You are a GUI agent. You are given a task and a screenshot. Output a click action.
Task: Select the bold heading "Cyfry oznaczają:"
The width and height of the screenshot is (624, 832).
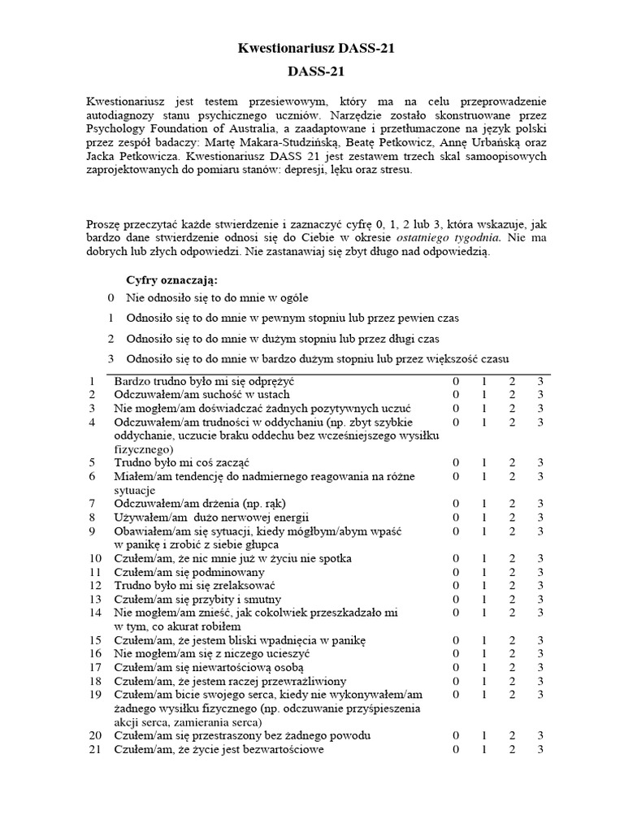pyautogui.click(x=173, y=280)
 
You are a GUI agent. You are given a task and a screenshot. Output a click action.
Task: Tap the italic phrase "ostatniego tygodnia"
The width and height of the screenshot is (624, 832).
pyautogui.click(x=448, y=237)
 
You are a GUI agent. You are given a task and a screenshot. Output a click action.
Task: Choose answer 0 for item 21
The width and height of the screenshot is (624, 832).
pyautogui.click(x=457, y=749)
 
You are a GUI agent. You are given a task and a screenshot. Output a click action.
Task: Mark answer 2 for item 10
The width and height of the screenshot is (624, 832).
pyautogui.click(x=512, y=558)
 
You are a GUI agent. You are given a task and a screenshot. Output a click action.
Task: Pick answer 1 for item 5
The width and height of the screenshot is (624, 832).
pyautogui.click(x=484, y=462)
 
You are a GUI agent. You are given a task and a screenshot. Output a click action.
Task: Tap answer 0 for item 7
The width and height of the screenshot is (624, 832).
pyautogui.click(x=457, y=503)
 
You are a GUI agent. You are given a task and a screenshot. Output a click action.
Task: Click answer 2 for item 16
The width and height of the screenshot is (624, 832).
pyautogui.click(x=512, y=653)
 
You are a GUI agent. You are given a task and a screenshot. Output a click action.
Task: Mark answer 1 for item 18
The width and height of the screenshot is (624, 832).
pyautogui.click(x=484, y=681)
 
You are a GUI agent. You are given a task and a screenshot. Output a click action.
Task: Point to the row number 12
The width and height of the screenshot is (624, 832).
pyautogui.click(x=95, y=585)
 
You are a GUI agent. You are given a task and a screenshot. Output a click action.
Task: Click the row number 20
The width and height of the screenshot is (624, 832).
pyautogui.click(x=95, y=735)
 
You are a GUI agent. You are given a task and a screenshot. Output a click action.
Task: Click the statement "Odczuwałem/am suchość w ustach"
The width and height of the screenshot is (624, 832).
pyautogui.click(x=202, y=394)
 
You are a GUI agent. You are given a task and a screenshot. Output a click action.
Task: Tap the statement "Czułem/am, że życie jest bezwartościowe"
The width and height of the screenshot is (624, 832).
pyautogui.click(x=219, y=749)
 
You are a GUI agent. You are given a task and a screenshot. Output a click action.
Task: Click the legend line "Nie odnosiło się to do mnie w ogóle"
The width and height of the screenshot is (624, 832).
pyautogui.click(x=217, y=298)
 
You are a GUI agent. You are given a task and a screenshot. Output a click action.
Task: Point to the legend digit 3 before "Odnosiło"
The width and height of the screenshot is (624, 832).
pyautogui.click(x=110, y=359)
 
